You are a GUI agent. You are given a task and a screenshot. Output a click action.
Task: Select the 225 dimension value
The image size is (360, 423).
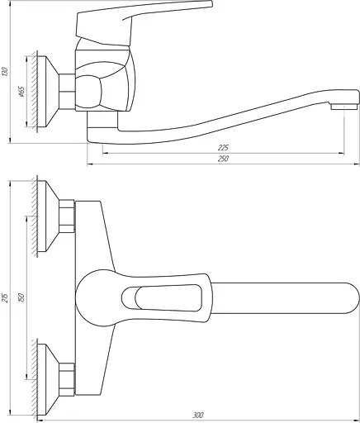pos(224,147)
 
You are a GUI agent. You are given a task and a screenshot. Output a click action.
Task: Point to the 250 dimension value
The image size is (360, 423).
pos(224,159)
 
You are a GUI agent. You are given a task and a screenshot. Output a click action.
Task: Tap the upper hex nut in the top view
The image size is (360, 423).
pos(69,216)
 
